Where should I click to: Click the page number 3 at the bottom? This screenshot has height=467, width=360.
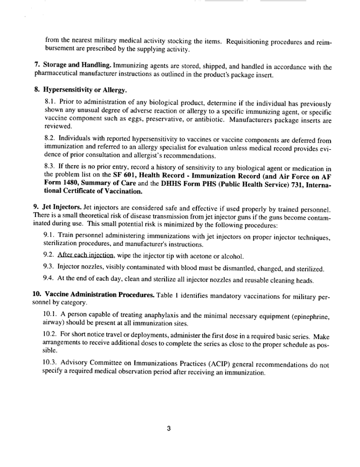pyautogui.click(x=169, y=429)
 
